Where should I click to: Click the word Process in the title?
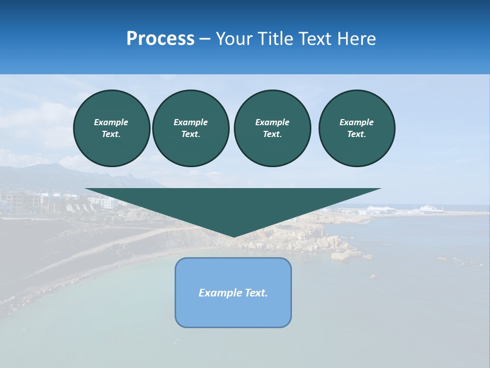(160, 39)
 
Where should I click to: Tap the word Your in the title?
(234, 39)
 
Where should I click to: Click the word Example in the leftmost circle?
(111, 122)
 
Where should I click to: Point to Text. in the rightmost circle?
(357, 134)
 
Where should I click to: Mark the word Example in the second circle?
(190, 122)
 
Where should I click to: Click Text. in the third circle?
(272, 134)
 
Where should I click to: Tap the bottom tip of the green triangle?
(233, 236)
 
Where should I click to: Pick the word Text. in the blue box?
(256, 293)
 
